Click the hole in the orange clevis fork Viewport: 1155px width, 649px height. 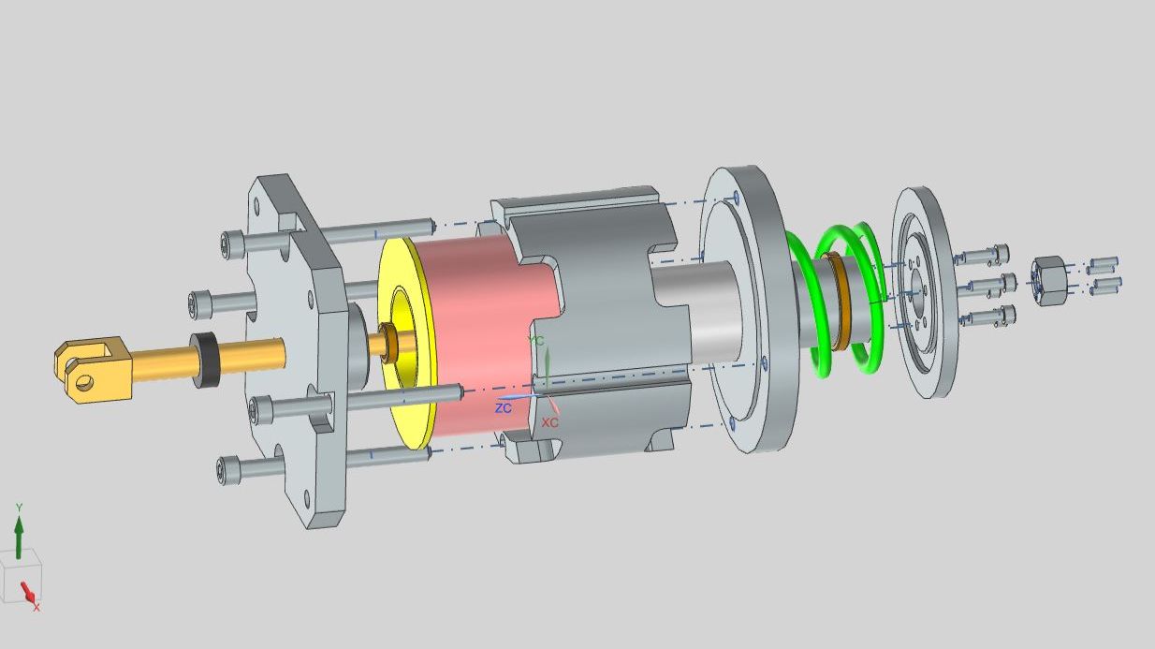click(x=84, y=382)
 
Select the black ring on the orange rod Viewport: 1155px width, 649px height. click(x=205, y=361)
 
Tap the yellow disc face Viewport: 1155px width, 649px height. click(x=406, y=343)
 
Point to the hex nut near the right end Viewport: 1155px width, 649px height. click(x=1049, y=281)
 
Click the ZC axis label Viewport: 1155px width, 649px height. click(x=504, y=408)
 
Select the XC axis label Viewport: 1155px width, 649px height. click(x=549, y=422)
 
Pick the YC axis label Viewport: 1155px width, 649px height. click(x=536, y=341)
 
